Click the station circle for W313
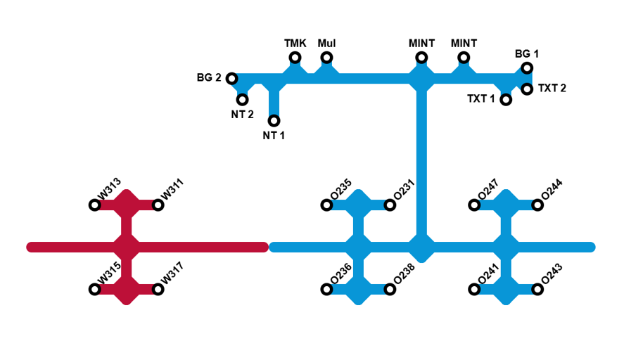pyautogui.click(x=95, y=205)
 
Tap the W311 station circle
pyautogui.click(x=158, y=205)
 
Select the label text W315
pyautogui.click(x=109, y=277)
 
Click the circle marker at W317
pyautogui.click(x=158, y=289)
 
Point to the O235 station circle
pyautogui.click(x=326, y=205)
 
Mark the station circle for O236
pyautogui.click(x=326, y=289)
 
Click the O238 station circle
pyautogui.click(x=390, y=289)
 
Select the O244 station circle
pyautogui.click(x=537, y=205)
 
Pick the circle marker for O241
pyautogui.click(x=474, y=289)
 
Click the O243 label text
pyautogui.click(x=552, y=277)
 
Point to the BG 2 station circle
pyautogui.click(x=232, y=78)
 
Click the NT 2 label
pyautogui.click(x=242, y=115)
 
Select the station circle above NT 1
pyautogui.click(x=274, y=121)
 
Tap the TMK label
pyautogui.click(x=295, y=44)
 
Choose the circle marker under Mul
pyautogui.click(x=326, y=58)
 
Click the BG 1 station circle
pyautogui.click(x=527, y=68)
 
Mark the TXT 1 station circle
pyautogui.click(x=506, y=100)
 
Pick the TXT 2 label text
pyautogui.click(x=552, y=89)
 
